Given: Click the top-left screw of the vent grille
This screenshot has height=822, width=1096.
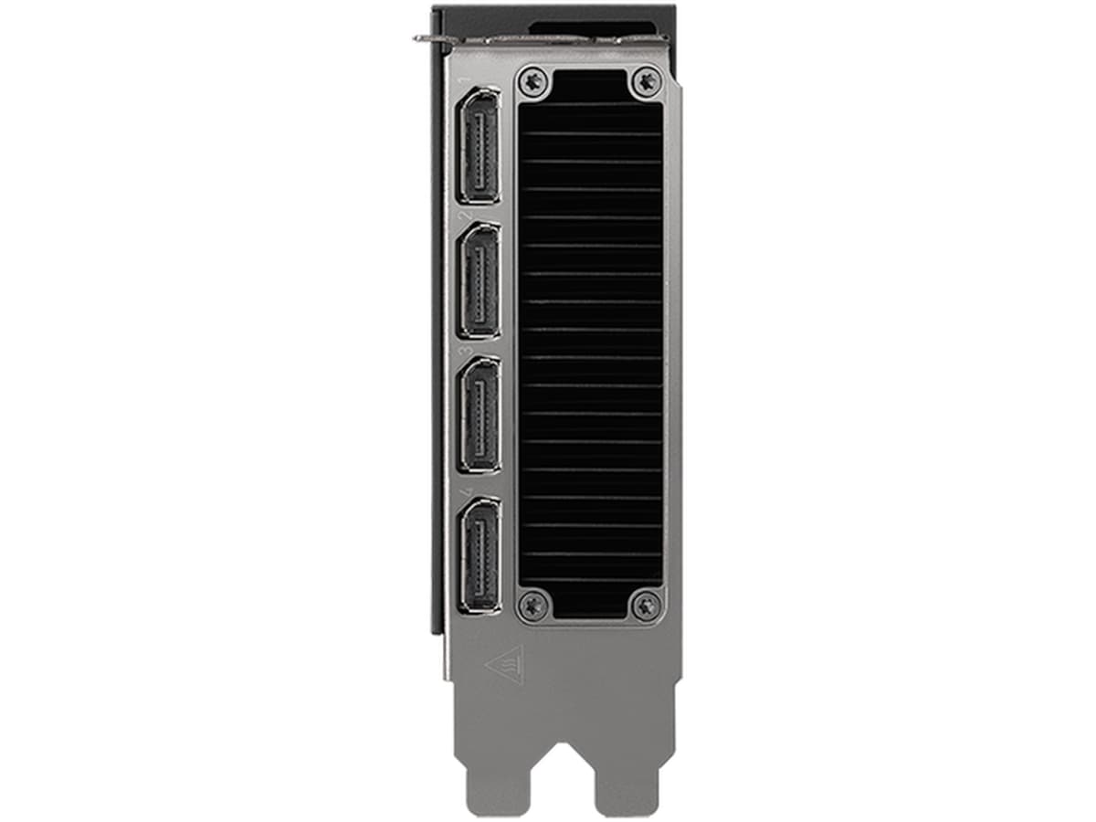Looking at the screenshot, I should (x=532, y=81).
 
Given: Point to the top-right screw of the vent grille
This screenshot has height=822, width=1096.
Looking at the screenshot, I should (x=647, y=81).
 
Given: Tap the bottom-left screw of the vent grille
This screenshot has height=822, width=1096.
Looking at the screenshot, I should (x=532, y=604).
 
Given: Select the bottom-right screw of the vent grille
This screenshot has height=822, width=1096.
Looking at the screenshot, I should (x=647, y=604).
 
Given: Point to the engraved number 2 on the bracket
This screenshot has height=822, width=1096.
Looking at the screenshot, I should (x=466, y=216).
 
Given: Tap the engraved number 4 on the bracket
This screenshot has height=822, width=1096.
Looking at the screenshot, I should (x=467, y=490).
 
